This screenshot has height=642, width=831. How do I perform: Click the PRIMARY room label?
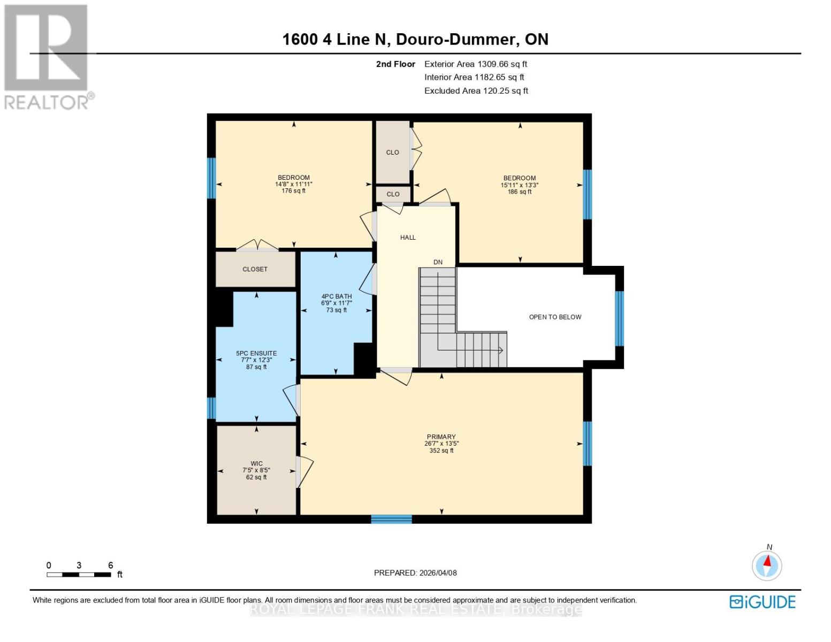click(x=441, y=437)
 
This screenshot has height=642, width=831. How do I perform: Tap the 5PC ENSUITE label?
click(x=256, y=353)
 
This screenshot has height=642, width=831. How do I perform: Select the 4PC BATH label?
click(x=336, y=296)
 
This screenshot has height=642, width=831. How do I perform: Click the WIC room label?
click(x=256, y=463)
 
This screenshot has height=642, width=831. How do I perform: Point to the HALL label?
click(x=408, y=238)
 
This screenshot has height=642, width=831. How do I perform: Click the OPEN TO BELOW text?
click(x=555, y=317)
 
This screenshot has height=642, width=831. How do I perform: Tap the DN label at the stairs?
click(x=438, y=262)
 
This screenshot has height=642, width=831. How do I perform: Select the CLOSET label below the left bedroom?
click(x=255, y=269)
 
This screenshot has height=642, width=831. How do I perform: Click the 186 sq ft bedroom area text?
click(x=519, y=192)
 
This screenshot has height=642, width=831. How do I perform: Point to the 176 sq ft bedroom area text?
click(x=293, y=191)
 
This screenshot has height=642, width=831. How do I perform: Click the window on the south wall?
click(x=391, y=519)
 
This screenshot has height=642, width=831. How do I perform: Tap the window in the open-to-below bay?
click(x=619, y=319)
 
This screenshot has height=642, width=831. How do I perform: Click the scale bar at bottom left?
click(x=79, y=575)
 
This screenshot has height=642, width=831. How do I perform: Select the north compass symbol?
click(x=767, y=565)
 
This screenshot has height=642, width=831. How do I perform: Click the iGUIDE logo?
click(x=762, y=602)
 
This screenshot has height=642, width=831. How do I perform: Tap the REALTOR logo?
click(x=47, y=56)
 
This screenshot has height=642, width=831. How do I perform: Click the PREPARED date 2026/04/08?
click(x=415, y=572)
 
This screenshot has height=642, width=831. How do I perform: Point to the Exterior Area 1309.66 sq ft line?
click(x=475, y=64)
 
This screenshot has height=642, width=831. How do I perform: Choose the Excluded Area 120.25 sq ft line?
click(x=476, y=90)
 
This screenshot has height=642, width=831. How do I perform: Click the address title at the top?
click(x=415, y=39)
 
